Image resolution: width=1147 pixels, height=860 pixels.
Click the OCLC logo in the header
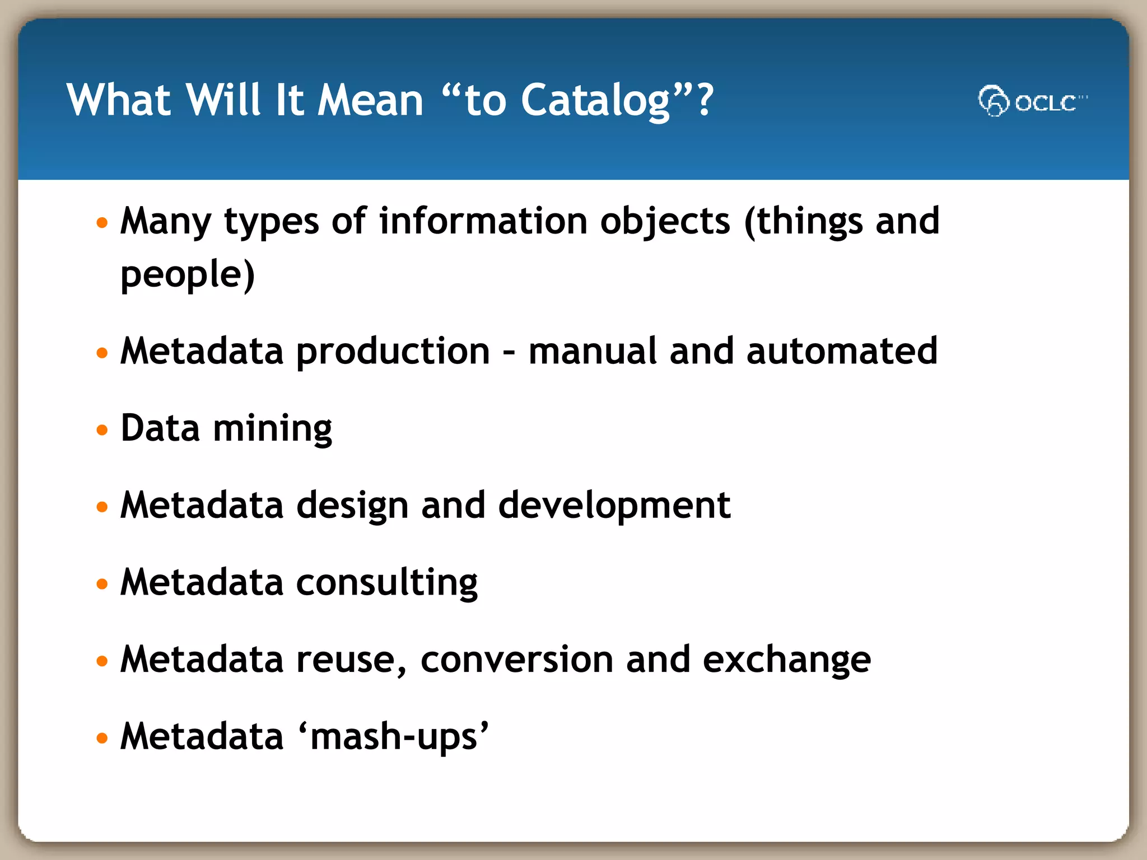(1032, 101)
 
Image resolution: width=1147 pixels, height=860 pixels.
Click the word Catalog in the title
(595, 101)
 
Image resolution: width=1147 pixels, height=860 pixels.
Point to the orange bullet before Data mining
(102, 430)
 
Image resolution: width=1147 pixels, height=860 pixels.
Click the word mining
(273, 429)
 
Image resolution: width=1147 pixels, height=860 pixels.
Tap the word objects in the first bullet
(665, 222)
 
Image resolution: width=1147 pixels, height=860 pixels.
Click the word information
(483, 221)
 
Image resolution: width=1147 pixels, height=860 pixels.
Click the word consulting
(386, 583)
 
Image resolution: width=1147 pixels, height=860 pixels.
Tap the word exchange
(786, 660)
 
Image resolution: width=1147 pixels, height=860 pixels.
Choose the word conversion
(517, 660)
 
